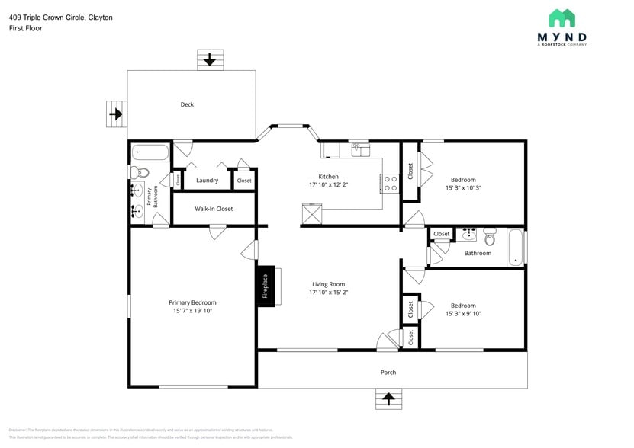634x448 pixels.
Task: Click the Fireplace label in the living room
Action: point(266,286)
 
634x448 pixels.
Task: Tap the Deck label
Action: point(187,104)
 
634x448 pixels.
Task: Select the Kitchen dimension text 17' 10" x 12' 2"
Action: point(328,185)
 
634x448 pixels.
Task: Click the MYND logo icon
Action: point(562,18)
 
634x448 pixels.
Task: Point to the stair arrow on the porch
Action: point(389,398)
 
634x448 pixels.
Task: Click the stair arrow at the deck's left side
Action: point(116,114)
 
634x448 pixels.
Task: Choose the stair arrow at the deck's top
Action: point(210,59)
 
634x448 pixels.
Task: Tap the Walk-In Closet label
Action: point(214,209)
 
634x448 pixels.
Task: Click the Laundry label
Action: point(207,181)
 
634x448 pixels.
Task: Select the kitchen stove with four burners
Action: point(390,183)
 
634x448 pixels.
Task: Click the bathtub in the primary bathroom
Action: point(150,152)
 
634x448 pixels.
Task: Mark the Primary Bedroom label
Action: point(192,302)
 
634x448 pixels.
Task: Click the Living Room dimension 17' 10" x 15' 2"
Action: point(328,292)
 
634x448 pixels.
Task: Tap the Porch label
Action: point(388,373)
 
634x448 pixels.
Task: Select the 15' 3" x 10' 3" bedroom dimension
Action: point(462,187)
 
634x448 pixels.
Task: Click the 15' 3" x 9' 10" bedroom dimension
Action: point(462,313)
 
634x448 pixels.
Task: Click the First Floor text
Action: point(26,28)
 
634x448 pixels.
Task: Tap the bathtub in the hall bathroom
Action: point(517,247)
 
